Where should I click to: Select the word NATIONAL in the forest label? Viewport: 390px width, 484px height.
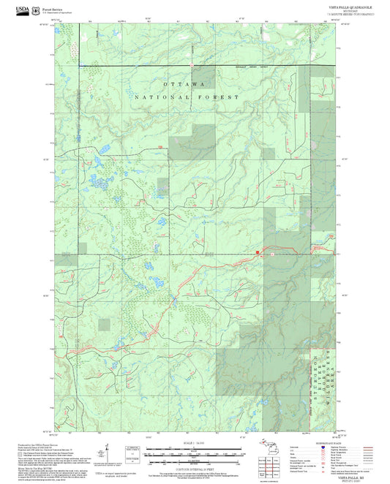160,97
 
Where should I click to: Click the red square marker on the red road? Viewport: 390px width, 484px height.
258,253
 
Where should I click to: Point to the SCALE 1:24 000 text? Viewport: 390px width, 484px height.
195,442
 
